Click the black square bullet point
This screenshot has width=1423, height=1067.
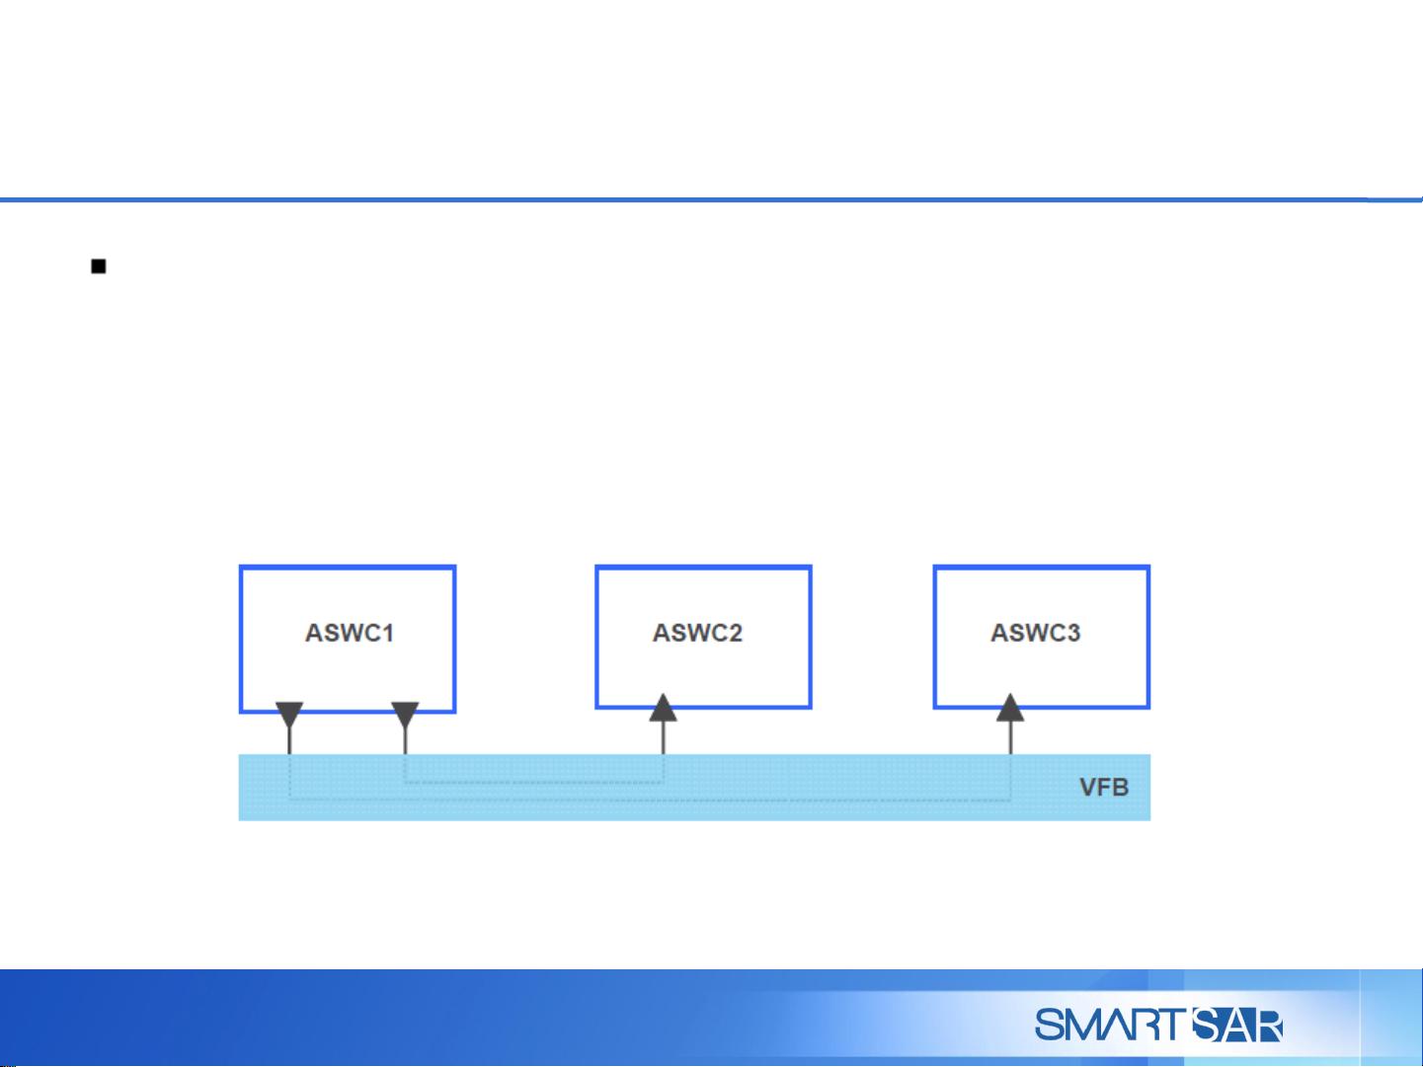pos(99,267)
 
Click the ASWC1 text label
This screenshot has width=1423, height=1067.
pos(350,633)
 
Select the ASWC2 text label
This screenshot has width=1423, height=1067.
pos(697,633)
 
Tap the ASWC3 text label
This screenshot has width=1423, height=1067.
pos(1035,633)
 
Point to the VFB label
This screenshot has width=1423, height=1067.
pos(1104,787)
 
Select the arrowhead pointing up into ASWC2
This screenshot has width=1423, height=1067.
pos(664,708)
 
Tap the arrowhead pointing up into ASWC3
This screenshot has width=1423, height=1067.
pos(1010,708)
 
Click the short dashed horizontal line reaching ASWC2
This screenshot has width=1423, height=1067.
pos(534,783)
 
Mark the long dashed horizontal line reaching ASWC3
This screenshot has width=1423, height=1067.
pos(650,800)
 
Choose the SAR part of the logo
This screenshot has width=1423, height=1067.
pos(1236,1026)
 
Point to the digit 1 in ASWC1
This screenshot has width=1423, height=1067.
pos(388,633)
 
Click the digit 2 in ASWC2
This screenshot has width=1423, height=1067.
pos(735,633)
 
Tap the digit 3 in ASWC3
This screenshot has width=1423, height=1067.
pos(1072,633)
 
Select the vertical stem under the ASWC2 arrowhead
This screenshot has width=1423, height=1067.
pos(664,738)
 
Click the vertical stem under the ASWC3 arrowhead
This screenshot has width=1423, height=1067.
pos(1010,738)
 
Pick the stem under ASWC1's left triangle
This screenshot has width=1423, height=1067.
pos(289,741)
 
